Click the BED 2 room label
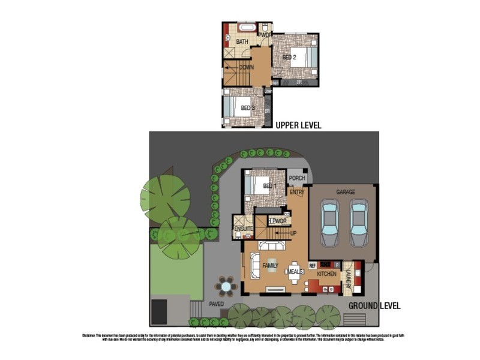(290, 58)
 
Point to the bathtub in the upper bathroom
(245, 28)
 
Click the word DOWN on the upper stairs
(246, 67)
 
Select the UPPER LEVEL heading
(298, 125)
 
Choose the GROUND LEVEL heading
(374, 305)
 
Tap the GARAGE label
(345, 192)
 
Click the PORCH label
(297, 178)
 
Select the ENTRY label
(296, 192)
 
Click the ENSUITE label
(242, 229)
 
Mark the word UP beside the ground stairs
(293, 233)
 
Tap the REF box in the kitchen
(313, 265)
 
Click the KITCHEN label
(328, 274)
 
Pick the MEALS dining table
(294, 272)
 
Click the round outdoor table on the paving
(226, 287)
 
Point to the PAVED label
(217, 304)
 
